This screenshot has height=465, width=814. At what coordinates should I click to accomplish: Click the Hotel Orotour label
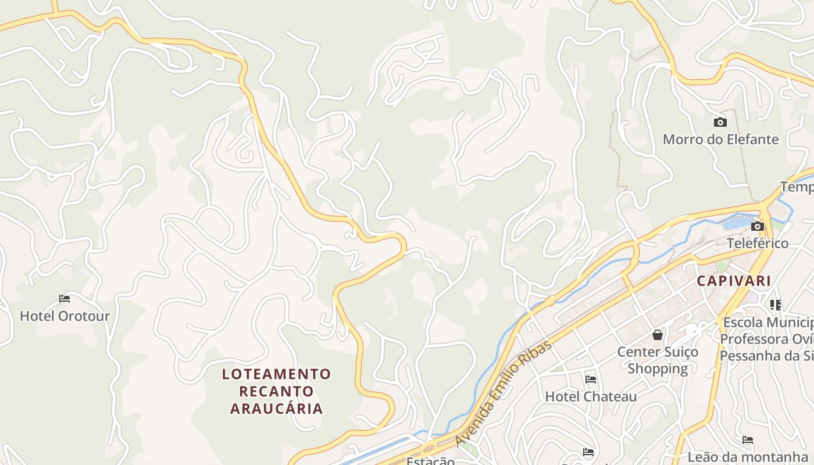[65, 316]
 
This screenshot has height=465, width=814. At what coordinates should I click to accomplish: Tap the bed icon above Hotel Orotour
[65, 299]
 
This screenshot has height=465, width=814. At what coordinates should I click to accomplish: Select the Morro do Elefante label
[720, 139]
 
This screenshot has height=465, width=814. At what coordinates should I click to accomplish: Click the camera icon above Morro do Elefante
[720, 122]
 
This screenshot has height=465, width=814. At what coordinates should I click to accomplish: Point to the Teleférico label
[758, 243]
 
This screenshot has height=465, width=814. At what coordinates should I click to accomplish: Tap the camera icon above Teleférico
[758, 226]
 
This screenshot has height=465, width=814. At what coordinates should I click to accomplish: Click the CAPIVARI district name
[734, 281]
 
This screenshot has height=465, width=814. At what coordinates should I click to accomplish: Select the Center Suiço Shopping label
[658, 360]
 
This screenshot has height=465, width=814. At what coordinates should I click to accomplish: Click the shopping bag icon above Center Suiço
[658, 335]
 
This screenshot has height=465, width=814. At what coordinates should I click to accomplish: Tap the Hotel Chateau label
[591, 397]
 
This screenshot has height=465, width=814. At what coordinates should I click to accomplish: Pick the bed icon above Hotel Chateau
[591, 380]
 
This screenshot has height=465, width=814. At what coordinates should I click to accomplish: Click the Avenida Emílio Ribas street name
[504, 393]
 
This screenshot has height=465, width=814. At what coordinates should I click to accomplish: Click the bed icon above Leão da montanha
[748, 440]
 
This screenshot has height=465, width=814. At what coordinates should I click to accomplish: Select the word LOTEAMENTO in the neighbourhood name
[277, 374]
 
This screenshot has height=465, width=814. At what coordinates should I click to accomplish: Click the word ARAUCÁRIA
[277, 409]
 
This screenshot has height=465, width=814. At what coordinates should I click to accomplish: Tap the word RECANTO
[277, 391]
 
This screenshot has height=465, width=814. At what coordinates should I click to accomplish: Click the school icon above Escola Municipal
[775, 305]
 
